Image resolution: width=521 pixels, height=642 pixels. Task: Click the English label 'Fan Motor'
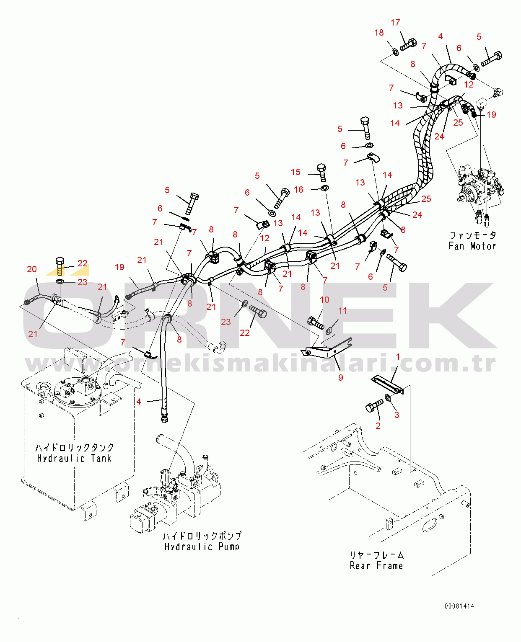[x=472, y=246]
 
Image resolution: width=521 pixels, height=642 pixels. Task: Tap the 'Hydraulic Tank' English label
[x=74, y=459]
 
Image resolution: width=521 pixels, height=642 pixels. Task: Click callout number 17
[x=395, y=23]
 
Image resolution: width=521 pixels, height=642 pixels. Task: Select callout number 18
[x=379, y=33]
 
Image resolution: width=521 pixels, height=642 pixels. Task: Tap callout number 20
[x=32, y=269]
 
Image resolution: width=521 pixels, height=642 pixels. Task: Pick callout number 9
[x=341, y=378]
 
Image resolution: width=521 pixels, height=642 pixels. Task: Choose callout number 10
[x=324, y=299]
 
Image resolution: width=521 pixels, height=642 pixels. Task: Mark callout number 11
[x=342, y=310]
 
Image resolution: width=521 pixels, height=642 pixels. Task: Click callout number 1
[x=398, y=357]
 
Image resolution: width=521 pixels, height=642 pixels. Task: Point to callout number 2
[x=378, y=425]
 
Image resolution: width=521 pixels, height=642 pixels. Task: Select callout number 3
[x=397, y=415]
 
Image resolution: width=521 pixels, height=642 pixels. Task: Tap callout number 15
[x=295, y=172]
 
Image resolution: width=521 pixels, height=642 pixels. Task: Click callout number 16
[x=299, y=190]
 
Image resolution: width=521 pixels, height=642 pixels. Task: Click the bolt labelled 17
[x=408, y=44]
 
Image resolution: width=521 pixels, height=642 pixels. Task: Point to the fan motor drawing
[x=480, y=193]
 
